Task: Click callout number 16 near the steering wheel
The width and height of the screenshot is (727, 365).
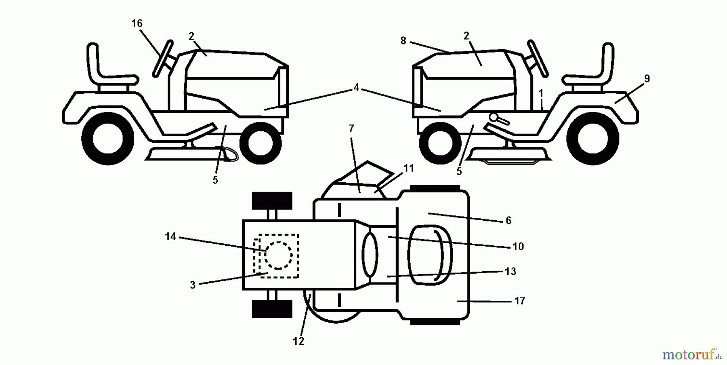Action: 137,23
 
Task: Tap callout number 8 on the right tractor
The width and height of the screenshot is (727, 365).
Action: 403,41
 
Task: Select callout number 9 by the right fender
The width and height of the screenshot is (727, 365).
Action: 647,79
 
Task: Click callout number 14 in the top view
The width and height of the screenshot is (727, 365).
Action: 170,236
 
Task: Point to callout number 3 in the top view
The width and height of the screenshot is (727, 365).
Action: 193,285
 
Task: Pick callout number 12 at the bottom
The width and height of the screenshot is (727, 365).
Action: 298,341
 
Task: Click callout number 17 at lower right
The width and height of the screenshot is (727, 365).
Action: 519,301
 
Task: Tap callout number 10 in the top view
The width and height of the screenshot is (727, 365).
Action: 518,247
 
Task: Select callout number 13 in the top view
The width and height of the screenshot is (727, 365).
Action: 511,271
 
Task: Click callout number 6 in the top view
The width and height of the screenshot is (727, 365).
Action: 508,220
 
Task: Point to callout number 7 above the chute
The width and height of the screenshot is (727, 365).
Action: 351,129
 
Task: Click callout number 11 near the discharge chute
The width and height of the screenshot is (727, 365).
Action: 409,168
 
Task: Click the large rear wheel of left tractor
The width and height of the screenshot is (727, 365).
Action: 108,138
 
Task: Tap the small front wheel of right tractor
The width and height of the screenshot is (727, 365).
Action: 440,143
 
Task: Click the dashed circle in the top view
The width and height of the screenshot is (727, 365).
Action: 278,255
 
